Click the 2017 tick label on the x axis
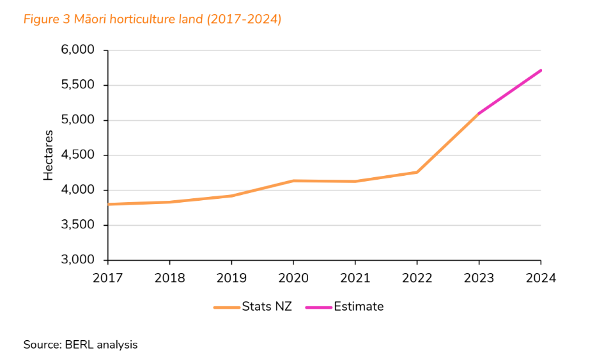[107, 278]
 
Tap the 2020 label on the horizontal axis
[293, 278]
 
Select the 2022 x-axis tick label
[417, 278]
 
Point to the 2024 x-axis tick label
[541, 278]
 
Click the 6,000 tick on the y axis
[77, 51]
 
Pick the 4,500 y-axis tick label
[77, 155]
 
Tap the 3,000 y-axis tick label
[77, 260]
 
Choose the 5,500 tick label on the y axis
[77, 85]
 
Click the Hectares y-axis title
[49, 155]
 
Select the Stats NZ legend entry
[267, 307]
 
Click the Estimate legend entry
[359, 307]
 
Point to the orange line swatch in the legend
[226, 308]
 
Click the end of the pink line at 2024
[541, 70]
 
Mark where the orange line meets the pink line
[479, 114]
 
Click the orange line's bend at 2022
[417, 172]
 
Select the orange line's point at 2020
[293, 181]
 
